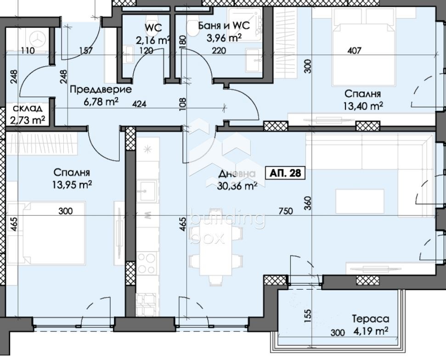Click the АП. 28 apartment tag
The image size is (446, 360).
pyautogui.click(x=285, y=173)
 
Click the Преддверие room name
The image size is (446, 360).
pyautogui.click(x=101, y=90)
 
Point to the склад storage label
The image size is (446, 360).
pyautogui.click(x=28, y=108)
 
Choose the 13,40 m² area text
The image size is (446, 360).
pyautogui.click(x=363, y=106)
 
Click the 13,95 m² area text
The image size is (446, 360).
pyautogui.click(x=72, y=185)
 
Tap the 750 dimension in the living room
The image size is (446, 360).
pyautogui.click(x=286, y=211)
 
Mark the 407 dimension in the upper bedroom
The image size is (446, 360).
pyautogui.click(x=355, y=51)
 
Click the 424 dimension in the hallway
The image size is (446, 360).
pyautogui.click(x=139, y=104)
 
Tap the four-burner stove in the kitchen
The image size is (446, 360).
pyautogui.click(x=147, y=263)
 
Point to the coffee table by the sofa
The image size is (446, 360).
pyautogui.click(x=360, y=201)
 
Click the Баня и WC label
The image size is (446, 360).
pyautogui.click(x=224, y=26)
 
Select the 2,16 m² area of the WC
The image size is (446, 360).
pyautogui.click(x=153, y=40)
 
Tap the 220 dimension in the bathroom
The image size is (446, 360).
pyautogui.click(x=219, y=51)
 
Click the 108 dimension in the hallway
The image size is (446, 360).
pyautogui.click(x=183, y=104)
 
